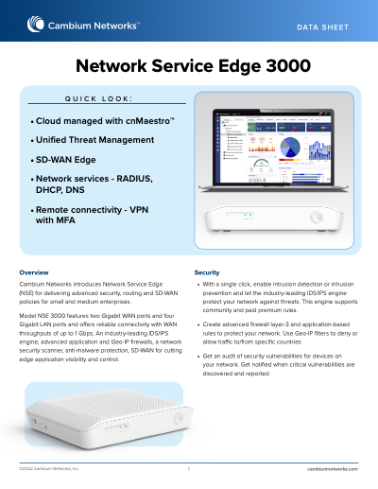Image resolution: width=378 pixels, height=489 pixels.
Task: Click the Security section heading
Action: (x=207, y=272)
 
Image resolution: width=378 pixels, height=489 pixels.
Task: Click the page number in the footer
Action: (x=189, y=468)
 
